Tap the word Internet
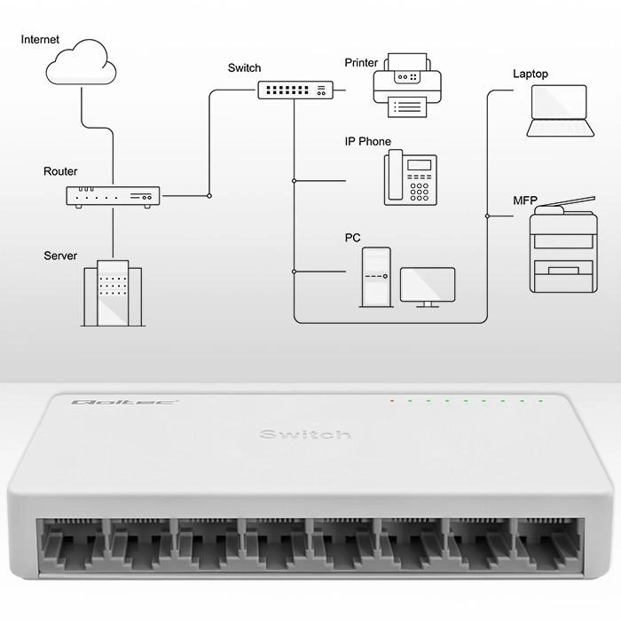pyautogui.click(x=40, y=40)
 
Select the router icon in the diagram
pyautogui.click(x=113, y=197)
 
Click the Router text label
pyautogui.click(x=60, y=171)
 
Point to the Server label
pyautogui.click(x=60, y=255)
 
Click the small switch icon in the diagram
pyautogui.click(x=295, y=90)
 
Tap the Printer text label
pyautogui.click(x=361, y=63)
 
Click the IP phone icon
pyautogui.click(x=410, y=178)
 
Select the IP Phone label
pyautogui.click(x=367, y=142)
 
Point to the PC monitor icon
pyautogui.click(x=428, y=287)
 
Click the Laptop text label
pyautogui.click(x=531, y=75)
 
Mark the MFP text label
pyautogui.click(x=525, y=200)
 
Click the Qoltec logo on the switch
pyautogui.click(x=100, y=402)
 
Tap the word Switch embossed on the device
pyautogui.click(x=305, y=434)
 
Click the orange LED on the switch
pyautogui.click(x=391, y=401)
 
